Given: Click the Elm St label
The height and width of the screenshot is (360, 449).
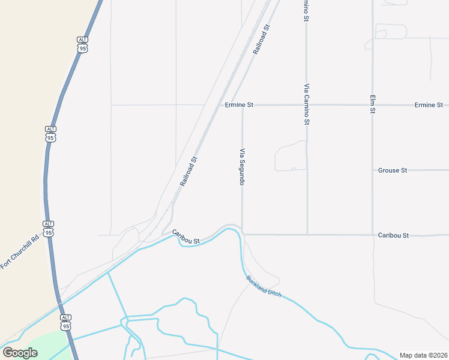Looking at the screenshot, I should (x=373, y=104).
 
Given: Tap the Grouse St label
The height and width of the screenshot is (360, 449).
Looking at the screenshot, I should (x=393, y=170).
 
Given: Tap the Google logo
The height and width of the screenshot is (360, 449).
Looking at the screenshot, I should (x=20, y=352).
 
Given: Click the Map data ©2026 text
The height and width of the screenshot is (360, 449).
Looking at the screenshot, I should (x=423, y=355).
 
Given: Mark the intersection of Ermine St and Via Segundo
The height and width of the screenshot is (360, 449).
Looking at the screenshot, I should (x=243, y=105).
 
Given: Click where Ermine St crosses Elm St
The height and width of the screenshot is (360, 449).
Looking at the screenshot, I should (x=373, y=105).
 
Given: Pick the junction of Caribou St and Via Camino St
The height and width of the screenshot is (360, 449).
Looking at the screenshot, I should (x=307, y=235).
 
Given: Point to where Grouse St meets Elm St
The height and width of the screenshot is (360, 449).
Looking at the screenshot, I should (x=373, y=170).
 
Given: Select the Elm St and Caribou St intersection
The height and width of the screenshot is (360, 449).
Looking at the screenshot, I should (x=373, y=235).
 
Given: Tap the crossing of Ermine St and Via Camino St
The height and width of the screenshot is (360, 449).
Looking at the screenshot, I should (x=307, y=105).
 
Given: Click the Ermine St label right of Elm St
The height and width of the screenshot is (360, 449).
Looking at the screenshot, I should (x=429, y=105).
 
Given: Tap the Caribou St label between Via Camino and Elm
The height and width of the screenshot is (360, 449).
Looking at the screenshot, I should (x=393, y=235).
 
